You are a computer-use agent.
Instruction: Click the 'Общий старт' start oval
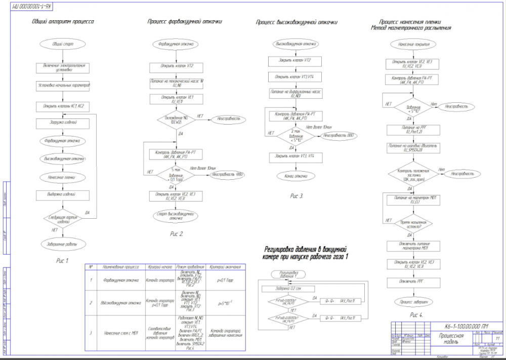pos(63,45)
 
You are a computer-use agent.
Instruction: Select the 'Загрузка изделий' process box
pos(63,122)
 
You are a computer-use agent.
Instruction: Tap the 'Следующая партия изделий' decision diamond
pos(63,219)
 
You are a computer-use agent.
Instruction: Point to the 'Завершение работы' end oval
pos(63,244)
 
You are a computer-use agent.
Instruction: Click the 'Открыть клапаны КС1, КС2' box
pos(63,106)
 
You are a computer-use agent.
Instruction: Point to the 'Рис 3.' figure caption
pos(297,195)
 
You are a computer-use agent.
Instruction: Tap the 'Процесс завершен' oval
pos(410,302)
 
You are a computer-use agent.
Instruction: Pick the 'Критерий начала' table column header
pos(161,266)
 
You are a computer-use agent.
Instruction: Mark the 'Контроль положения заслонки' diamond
pos(410,174)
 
